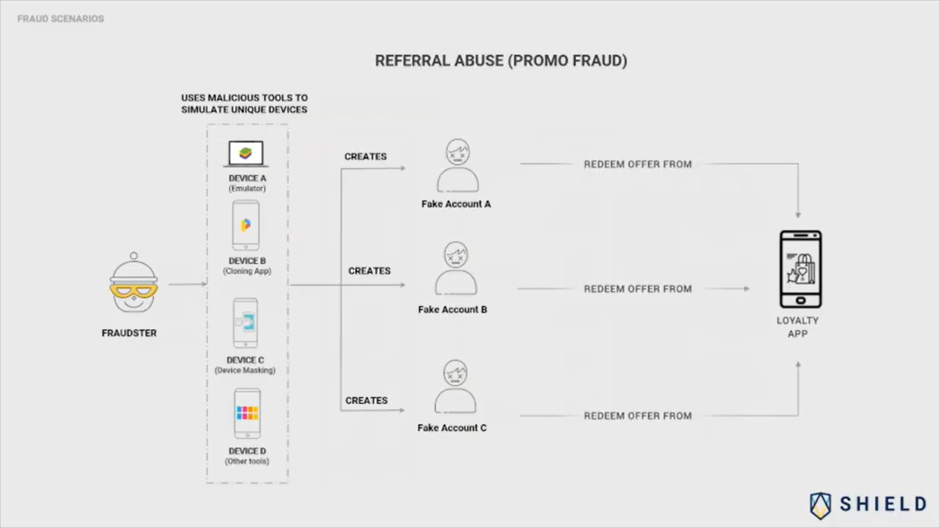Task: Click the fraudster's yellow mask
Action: (x=133, y=292)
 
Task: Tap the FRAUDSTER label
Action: (x=129, y=333)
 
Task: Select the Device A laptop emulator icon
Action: (x=246, y=154)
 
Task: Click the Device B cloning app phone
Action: (x=246, y=225)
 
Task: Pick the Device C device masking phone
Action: (x=245, y=323)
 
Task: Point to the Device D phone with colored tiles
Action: (x=247, y=414)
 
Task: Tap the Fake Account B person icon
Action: (x=456, y=268)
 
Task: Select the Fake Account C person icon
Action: (x=455, y=387)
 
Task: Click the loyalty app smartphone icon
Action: (x=800, y=269)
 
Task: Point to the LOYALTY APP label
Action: (x=798, y=327)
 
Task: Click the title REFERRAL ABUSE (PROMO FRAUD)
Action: (x=501, y=61)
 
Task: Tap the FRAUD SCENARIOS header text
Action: (x=61, y=19)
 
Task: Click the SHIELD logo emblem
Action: (x=821, y=505)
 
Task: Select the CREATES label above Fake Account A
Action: (x=365, y=156)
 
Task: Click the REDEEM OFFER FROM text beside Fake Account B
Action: (x=637, y=289)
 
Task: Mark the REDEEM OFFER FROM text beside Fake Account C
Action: (x=637, y=416)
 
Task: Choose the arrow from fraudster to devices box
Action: (x=188, y=284)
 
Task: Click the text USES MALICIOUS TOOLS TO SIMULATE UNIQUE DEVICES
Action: (x=244, y=104)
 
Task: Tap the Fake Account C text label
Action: (x=452, y=428)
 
